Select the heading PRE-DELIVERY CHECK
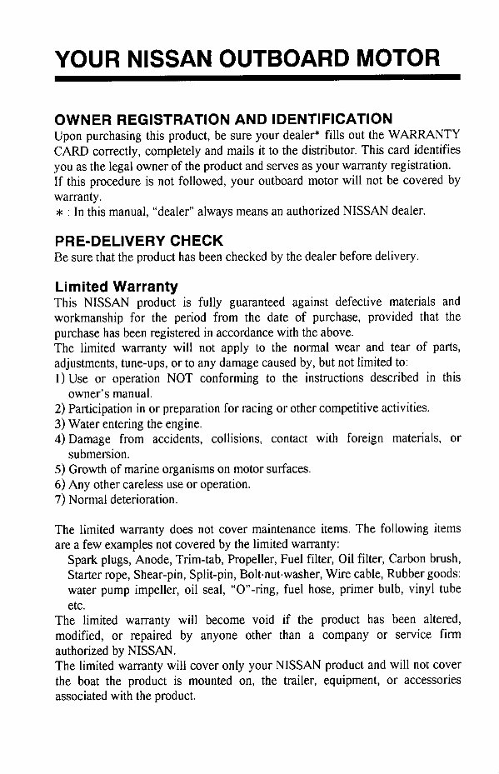138,241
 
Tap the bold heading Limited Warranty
116,287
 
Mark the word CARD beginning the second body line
71,150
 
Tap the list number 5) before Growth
60,469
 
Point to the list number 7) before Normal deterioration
60,499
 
